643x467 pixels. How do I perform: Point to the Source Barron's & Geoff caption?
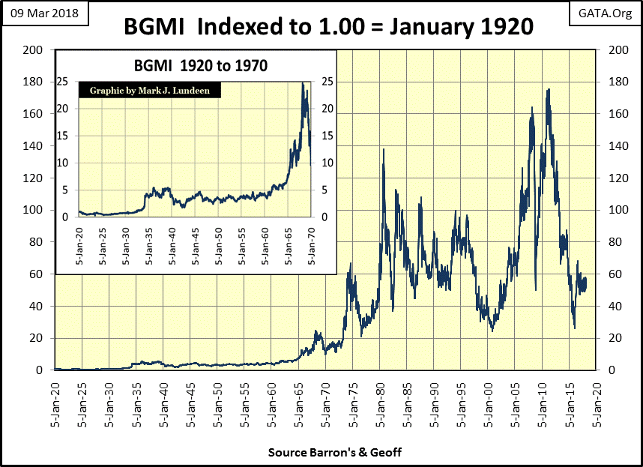(323, 454)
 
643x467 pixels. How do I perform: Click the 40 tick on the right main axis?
(611, 306)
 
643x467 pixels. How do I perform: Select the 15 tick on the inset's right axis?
(325, 136)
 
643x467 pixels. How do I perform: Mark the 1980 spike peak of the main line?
(384, 149)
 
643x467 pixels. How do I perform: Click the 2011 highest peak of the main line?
(549, 89)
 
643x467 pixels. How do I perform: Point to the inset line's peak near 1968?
(303, 82)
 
